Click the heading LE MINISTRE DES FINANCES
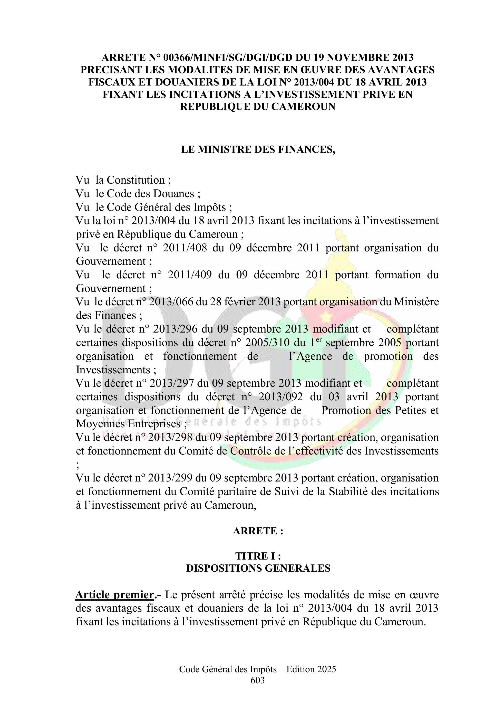point(258,149)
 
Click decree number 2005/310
point(268,343)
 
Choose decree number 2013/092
point(281,397)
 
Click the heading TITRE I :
point(258,556)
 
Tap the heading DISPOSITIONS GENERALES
point(258,568)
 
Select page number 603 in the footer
point(258,680)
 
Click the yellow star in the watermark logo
point(325,317)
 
